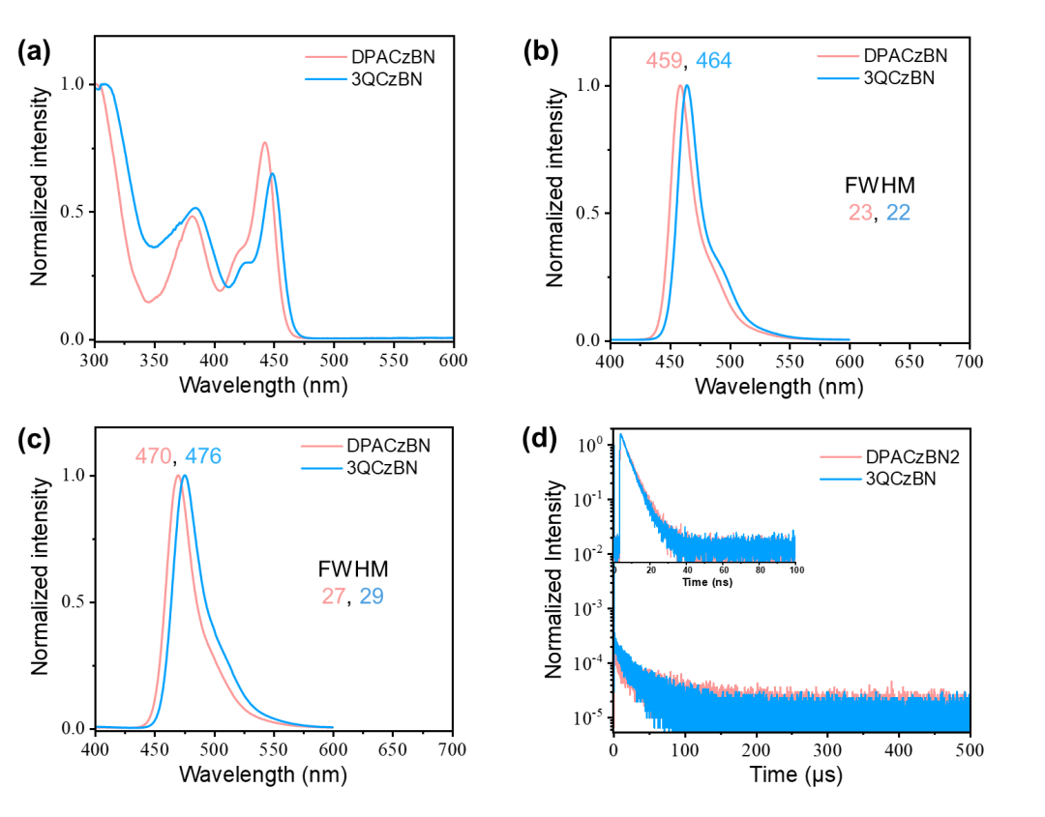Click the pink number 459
(664, 61)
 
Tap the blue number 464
(714, 61)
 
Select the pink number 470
(154, 456)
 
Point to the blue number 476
(203, 456)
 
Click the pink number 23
(860, 213)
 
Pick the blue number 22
(898, 213)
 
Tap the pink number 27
(334, 597)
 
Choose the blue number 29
(372, 597)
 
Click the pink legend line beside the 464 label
(838, 57)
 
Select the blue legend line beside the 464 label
(838, 78)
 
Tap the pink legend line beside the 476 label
(322, 447)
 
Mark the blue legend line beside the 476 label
(322, 468)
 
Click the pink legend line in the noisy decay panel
(840, 456)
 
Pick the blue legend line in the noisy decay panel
(840, 479)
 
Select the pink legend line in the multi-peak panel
(326, 57)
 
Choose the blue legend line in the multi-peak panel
(326, 78)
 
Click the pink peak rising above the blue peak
(265, 143)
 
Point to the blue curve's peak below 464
(687, 86)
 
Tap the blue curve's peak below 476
(185, 475)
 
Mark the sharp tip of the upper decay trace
(620, 434)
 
